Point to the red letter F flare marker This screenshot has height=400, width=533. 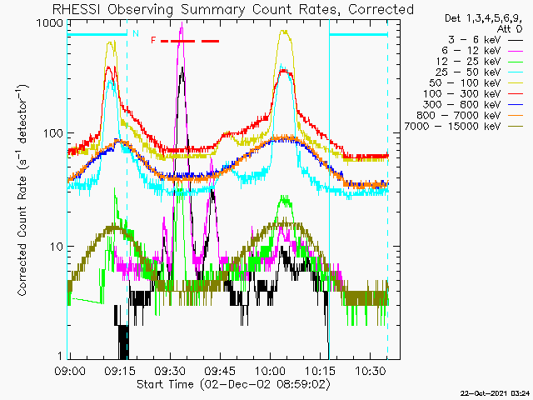coord(153,40)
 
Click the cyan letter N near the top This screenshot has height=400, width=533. coord(135,34)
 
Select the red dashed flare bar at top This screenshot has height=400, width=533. coord(189,40)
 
